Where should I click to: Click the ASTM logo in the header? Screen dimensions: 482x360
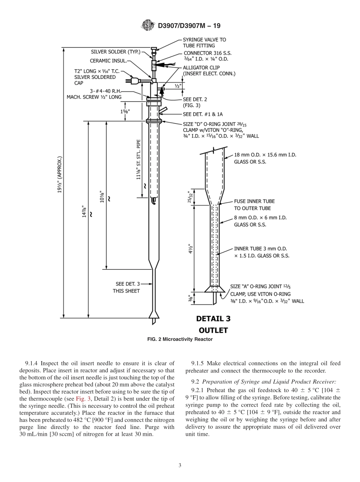(x=148, y=25)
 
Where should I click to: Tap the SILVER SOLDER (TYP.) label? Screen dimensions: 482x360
(x=116, y=52)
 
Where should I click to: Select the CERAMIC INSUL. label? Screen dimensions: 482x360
(x=108, y=61)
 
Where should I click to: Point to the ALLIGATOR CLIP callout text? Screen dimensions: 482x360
(x=209, y=70)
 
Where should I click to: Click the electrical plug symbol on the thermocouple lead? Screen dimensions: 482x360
(x=133, y=80)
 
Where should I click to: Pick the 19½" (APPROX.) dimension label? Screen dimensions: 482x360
(x=59, y=174)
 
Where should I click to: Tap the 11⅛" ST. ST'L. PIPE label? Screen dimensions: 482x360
(x=139, y=160)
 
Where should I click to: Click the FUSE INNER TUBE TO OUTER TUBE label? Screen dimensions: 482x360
(x=254, y=205)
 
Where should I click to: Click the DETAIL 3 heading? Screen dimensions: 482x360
(x=213, y=319)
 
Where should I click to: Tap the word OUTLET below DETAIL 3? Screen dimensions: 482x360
(x=213, y=330)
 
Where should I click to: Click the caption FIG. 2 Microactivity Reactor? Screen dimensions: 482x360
(x=180, y=339)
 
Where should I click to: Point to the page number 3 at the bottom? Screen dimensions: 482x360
(x=180, y=466)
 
